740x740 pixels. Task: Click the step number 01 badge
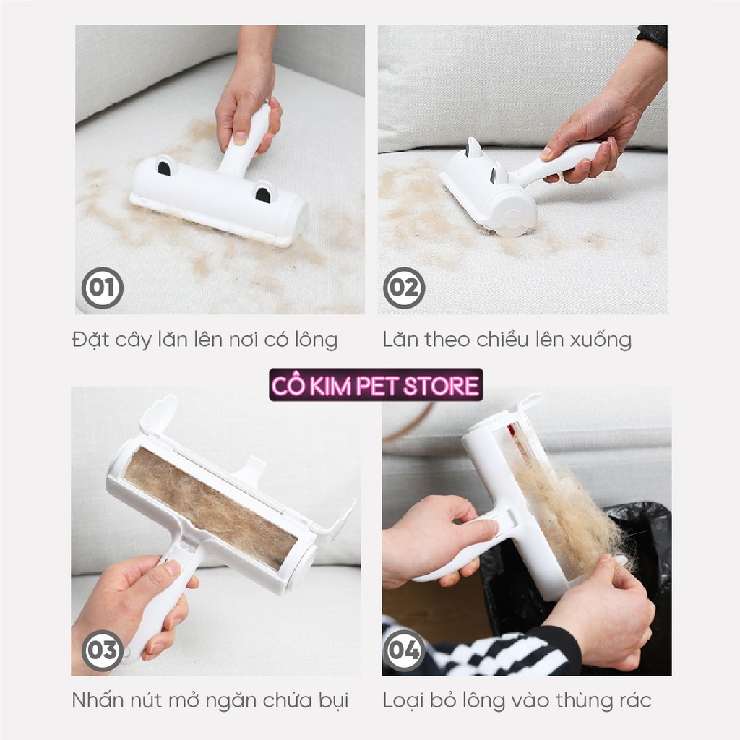[x=103, y=288]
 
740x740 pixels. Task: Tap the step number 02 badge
[x=404, y=288]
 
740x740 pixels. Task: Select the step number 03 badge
[x=103, y=650]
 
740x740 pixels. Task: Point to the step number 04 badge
[x=404, y=650]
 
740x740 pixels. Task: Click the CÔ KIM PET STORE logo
[x=376, y=385]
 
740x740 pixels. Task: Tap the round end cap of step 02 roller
[x=517, y=215]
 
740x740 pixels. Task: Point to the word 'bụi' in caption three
[x=333, y=701]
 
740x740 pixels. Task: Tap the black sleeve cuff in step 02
[x=653, y=36]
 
